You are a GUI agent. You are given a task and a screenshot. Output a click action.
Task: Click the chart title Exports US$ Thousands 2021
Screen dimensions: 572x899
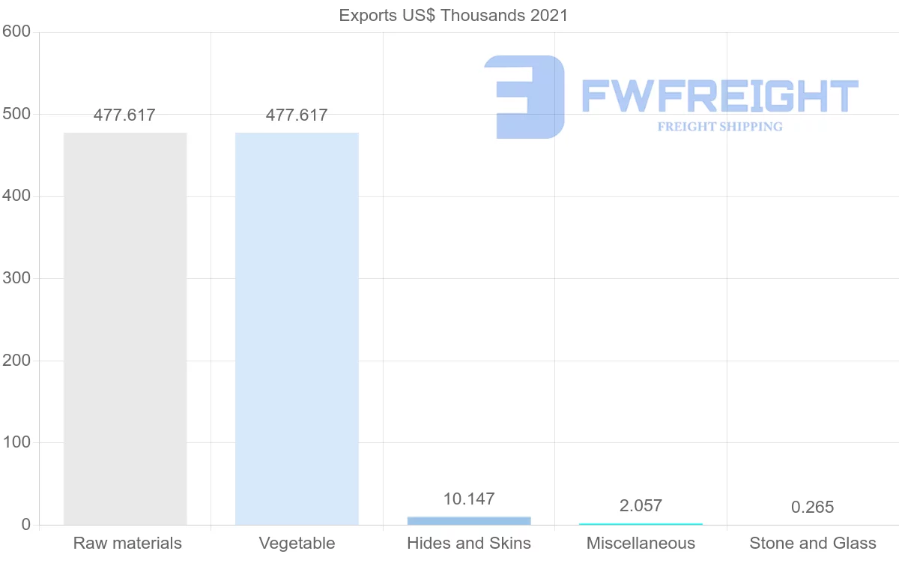(x=453, y=15)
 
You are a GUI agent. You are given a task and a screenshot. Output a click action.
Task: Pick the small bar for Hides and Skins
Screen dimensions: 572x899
(x=469, y=520)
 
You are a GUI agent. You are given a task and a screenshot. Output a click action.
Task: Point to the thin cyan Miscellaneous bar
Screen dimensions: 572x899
(x=641, y=524)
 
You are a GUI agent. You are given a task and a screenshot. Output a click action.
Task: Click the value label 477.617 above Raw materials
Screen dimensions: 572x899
(x=124, y=115)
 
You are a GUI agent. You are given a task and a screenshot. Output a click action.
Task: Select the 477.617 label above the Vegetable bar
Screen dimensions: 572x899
(x=297, y=115)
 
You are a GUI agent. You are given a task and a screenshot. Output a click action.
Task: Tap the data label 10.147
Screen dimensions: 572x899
(x=469, y=499)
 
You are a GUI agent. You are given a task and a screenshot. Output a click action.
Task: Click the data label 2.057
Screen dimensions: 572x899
(x=641, y=506)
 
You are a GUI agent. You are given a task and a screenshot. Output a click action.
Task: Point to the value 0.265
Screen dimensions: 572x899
(x=813, y=508)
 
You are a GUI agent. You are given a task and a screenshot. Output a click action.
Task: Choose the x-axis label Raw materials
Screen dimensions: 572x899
(x=127, y=544)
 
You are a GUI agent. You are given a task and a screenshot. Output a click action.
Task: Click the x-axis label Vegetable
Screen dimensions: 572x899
(x=297, y=544)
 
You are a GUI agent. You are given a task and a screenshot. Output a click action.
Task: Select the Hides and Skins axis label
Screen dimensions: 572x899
(x=469, y=544)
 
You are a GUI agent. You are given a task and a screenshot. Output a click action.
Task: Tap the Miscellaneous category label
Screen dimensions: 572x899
(x=641, y=544)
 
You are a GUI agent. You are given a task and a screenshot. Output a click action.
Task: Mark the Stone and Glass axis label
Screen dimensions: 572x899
(x=813, y=544)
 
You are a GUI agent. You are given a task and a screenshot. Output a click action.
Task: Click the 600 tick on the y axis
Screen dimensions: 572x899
(x=16, y=31)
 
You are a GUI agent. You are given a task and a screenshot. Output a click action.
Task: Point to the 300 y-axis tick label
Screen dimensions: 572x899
(x=16, y=278)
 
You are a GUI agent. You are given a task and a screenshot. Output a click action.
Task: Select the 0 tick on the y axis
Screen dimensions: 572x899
(x=26, y=525)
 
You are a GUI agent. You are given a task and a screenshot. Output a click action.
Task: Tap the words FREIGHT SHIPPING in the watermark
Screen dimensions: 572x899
(x=720, y=127)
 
